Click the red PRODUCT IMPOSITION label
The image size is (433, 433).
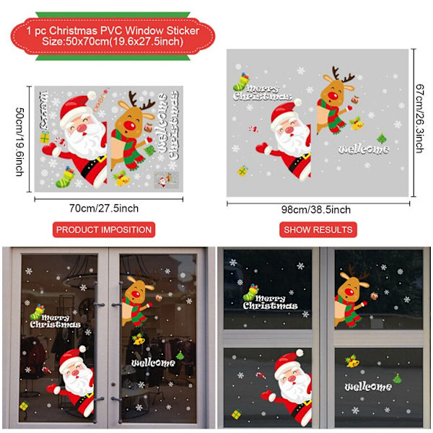(x=104, y=229)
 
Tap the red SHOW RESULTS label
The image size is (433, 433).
(x=318, y=229)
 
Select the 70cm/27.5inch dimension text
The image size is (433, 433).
(x=104, y=209)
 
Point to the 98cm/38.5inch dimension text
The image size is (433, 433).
(x=316, y=209)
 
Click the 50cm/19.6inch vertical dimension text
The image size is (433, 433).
(x=20, y=141)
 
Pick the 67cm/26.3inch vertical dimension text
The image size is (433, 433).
(x=420, y=119)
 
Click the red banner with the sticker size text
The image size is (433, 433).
(x=113, y=36)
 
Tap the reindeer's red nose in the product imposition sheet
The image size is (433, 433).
(x=129, y=126)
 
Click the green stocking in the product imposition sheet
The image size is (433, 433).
(x=65, y=177)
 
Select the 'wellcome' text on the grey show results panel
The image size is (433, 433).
(x=364, y=149)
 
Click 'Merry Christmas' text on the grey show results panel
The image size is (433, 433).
(x=262, y=93)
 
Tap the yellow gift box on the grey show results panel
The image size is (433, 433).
(x=242, y=171)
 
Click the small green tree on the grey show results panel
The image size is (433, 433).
(x=382, y=139)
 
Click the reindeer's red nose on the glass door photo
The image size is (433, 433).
(x=136, y=294)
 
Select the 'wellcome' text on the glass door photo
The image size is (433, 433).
(x=153, y=362)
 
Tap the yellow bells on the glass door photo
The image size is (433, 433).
(x=138, y=339)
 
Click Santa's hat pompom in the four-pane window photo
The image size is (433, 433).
(x=299, y=353)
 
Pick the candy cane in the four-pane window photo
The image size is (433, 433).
(x=261, y=375)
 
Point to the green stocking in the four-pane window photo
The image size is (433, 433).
(x=250, y=292)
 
